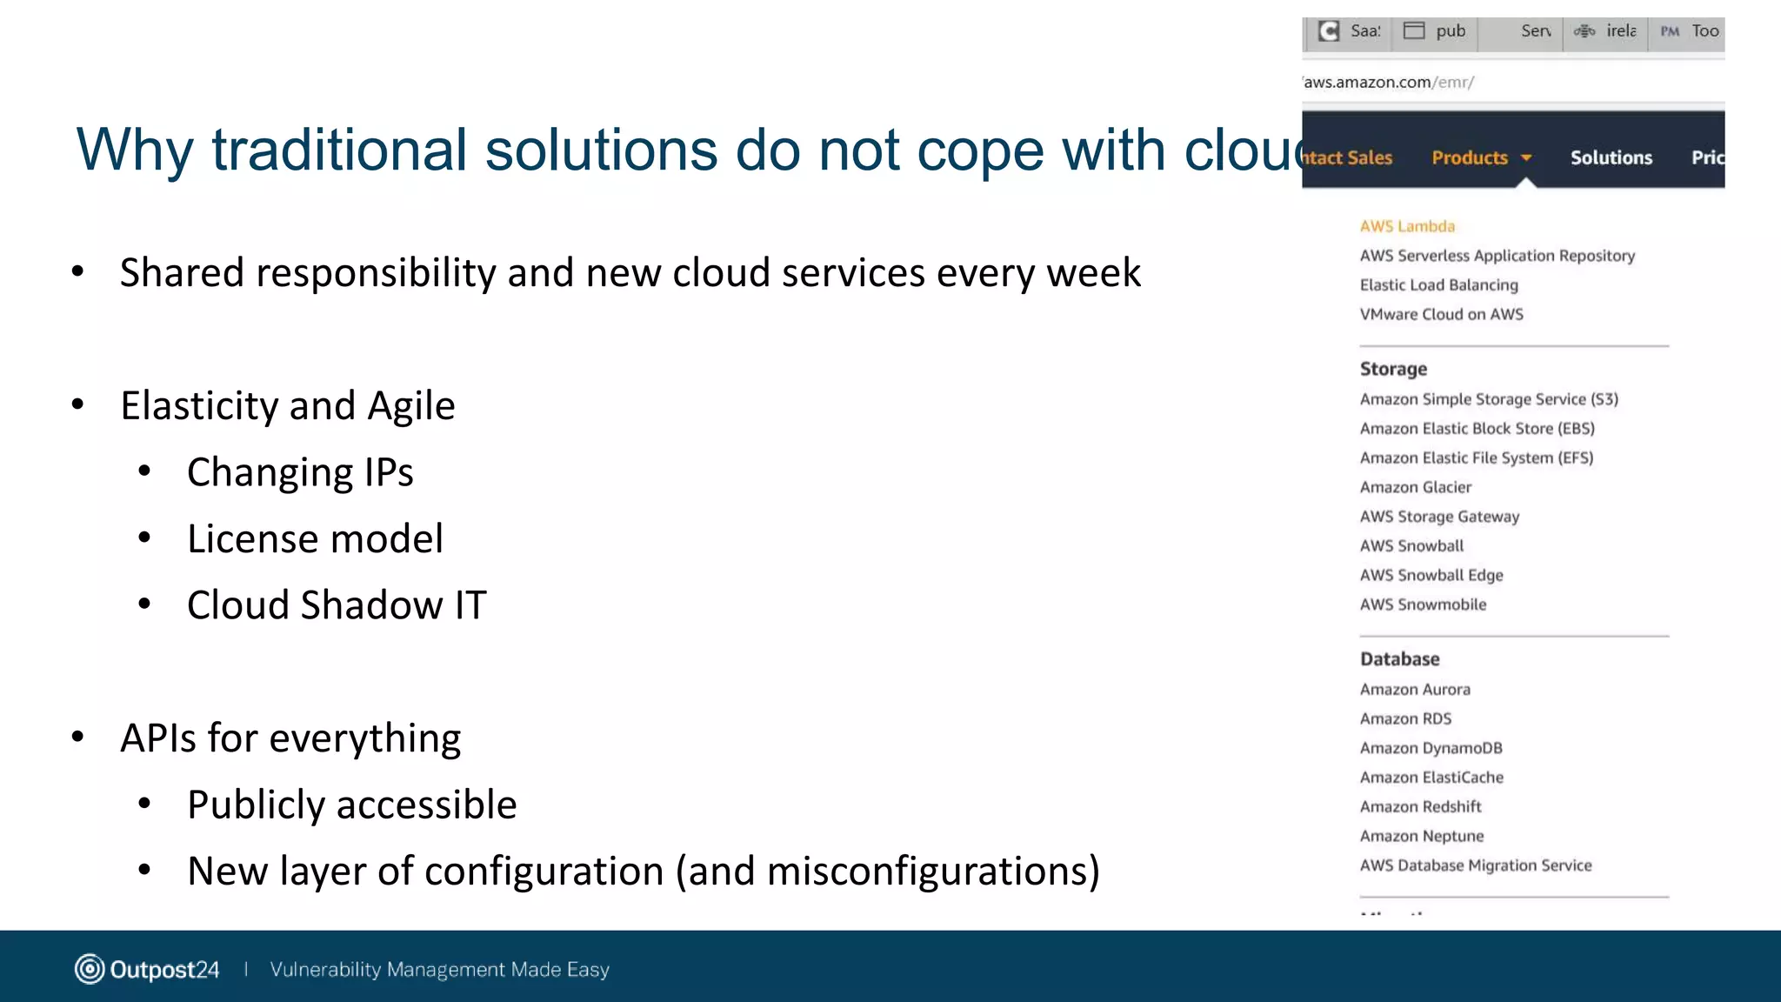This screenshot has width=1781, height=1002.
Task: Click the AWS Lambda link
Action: tap(1407, 226)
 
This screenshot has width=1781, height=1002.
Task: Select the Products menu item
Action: tap(1470, 157)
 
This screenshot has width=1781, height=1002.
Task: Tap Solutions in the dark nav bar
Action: tap(1611, 157)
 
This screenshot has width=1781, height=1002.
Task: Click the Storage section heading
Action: tap(1393, 369)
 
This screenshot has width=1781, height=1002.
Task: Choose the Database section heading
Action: tap(1399, 659)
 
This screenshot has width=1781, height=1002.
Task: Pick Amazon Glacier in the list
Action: tap(1416, 487)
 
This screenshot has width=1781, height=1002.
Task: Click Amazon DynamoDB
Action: tap(1431, 748)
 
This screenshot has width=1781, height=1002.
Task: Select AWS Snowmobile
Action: tap(1423, 605)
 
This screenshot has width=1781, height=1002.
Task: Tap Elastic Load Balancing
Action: tap(1438, 285)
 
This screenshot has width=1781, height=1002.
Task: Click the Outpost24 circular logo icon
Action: tap(90, 969)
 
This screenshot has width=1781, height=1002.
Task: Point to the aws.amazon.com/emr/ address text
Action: tap(1388, 83)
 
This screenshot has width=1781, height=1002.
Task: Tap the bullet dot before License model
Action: tap(144, 538)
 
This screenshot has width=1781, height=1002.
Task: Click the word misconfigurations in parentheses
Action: tap(927, 872)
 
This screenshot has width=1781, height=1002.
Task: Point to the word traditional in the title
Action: tap(339, 150)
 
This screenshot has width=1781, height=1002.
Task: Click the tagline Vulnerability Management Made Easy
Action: tap(439, 969)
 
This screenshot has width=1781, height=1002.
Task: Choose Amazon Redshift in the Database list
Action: tap(1420, 807)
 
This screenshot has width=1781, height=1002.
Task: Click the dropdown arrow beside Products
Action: tap(1526, 158)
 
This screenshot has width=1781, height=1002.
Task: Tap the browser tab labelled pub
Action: tap(1436, 31)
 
